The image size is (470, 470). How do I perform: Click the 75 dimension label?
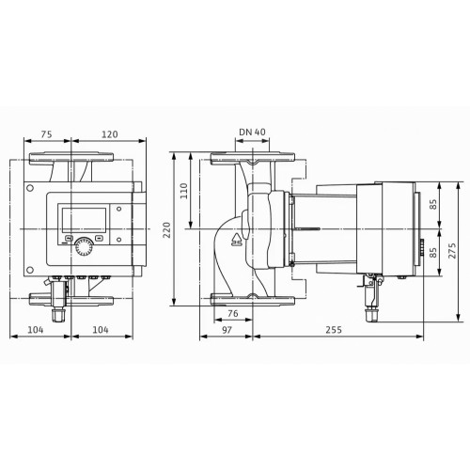46,134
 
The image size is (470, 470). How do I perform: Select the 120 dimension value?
110,134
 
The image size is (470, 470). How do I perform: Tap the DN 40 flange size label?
252,132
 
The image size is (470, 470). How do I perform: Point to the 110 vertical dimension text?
184,191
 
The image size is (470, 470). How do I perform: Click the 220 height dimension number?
167,229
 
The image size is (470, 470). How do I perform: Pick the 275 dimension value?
452,250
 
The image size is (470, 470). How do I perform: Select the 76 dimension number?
233,313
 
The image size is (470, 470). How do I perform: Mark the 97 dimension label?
227,330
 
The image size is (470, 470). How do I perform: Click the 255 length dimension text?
334,330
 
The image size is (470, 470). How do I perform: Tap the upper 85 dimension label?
433,205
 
